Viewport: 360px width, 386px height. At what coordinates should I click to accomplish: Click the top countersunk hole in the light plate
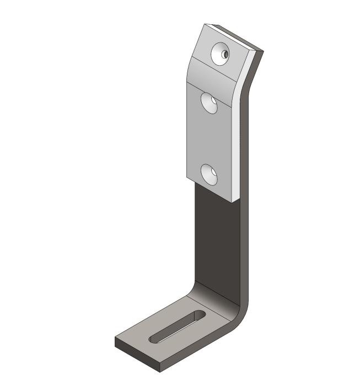tap(221, 53)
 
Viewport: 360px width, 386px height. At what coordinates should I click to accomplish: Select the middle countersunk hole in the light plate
tap(210, 103)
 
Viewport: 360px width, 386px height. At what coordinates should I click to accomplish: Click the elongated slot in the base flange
tap(176, 328)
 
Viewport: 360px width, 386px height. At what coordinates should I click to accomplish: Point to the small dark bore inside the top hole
tap(225, 54)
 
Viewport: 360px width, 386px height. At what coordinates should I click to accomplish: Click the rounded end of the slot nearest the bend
tap(198, 315)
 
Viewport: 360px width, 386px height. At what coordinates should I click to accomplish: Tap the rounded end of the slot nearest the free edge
tap(154, 341)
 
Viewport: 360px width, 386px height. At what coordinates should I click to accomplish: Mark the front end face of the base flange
tap(136, 353)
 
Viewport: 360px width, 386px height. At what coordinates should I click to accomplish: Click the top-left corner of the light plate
tap(205, 25)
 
